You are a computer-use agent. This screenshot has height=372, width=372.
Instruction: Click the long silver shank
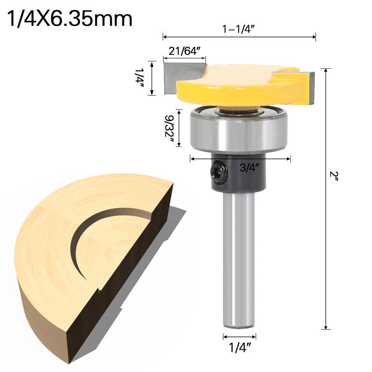click(240, 260)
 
